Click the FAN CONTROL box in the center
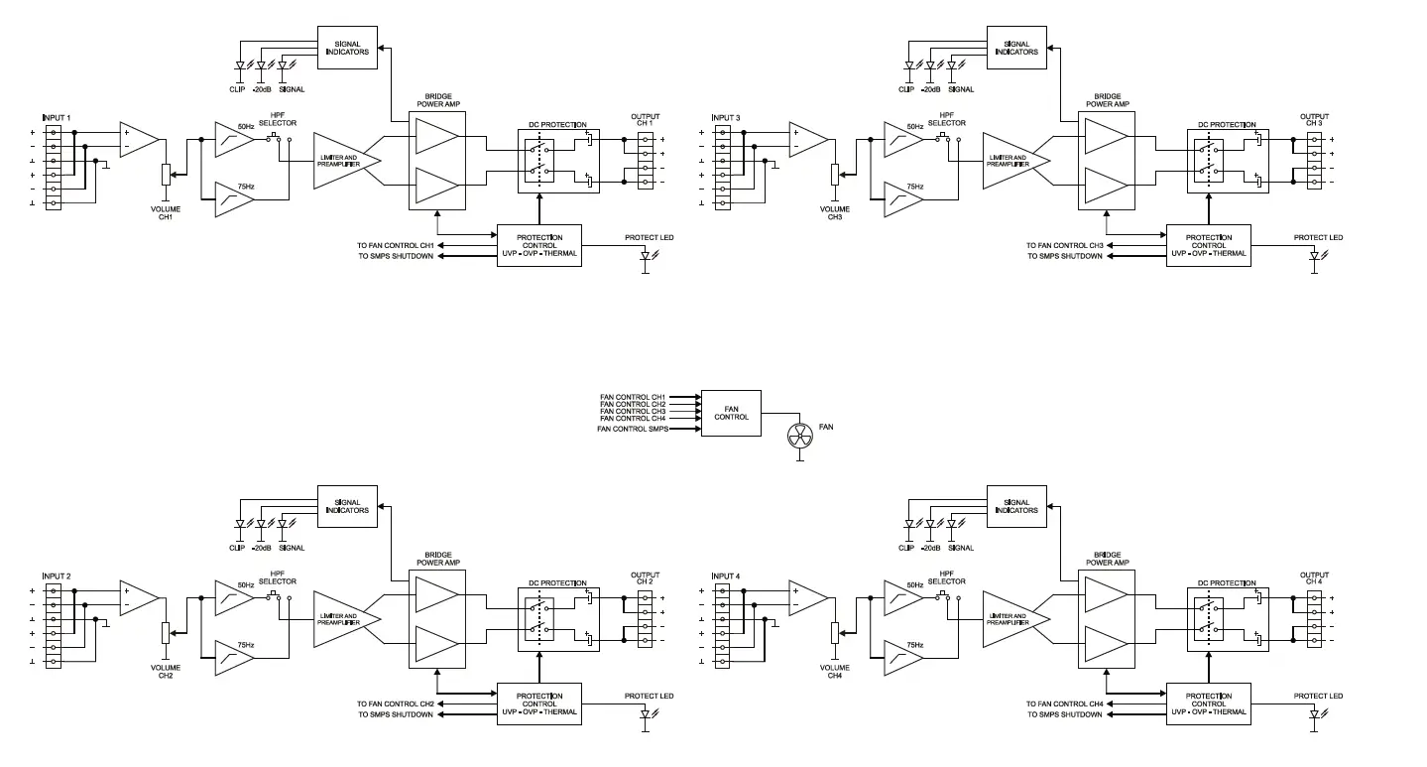coord(731,412)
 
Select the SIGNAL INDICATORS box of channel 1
coord(347,48)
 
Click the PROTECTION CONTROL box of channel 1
coord(538,245)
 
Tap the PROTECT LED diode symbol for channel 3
coord(1313,256)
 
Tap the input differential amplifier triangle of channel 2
coord(138,597)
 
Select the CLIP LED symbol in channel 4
coord(907,525)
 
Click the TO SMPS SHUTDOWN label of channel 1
coord(396,256)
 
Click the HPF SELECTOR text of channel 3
coord(946,118)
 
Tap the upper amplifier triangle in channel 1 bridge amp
coord(435,137)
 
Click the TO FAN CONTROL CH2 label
coord(396,703)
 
